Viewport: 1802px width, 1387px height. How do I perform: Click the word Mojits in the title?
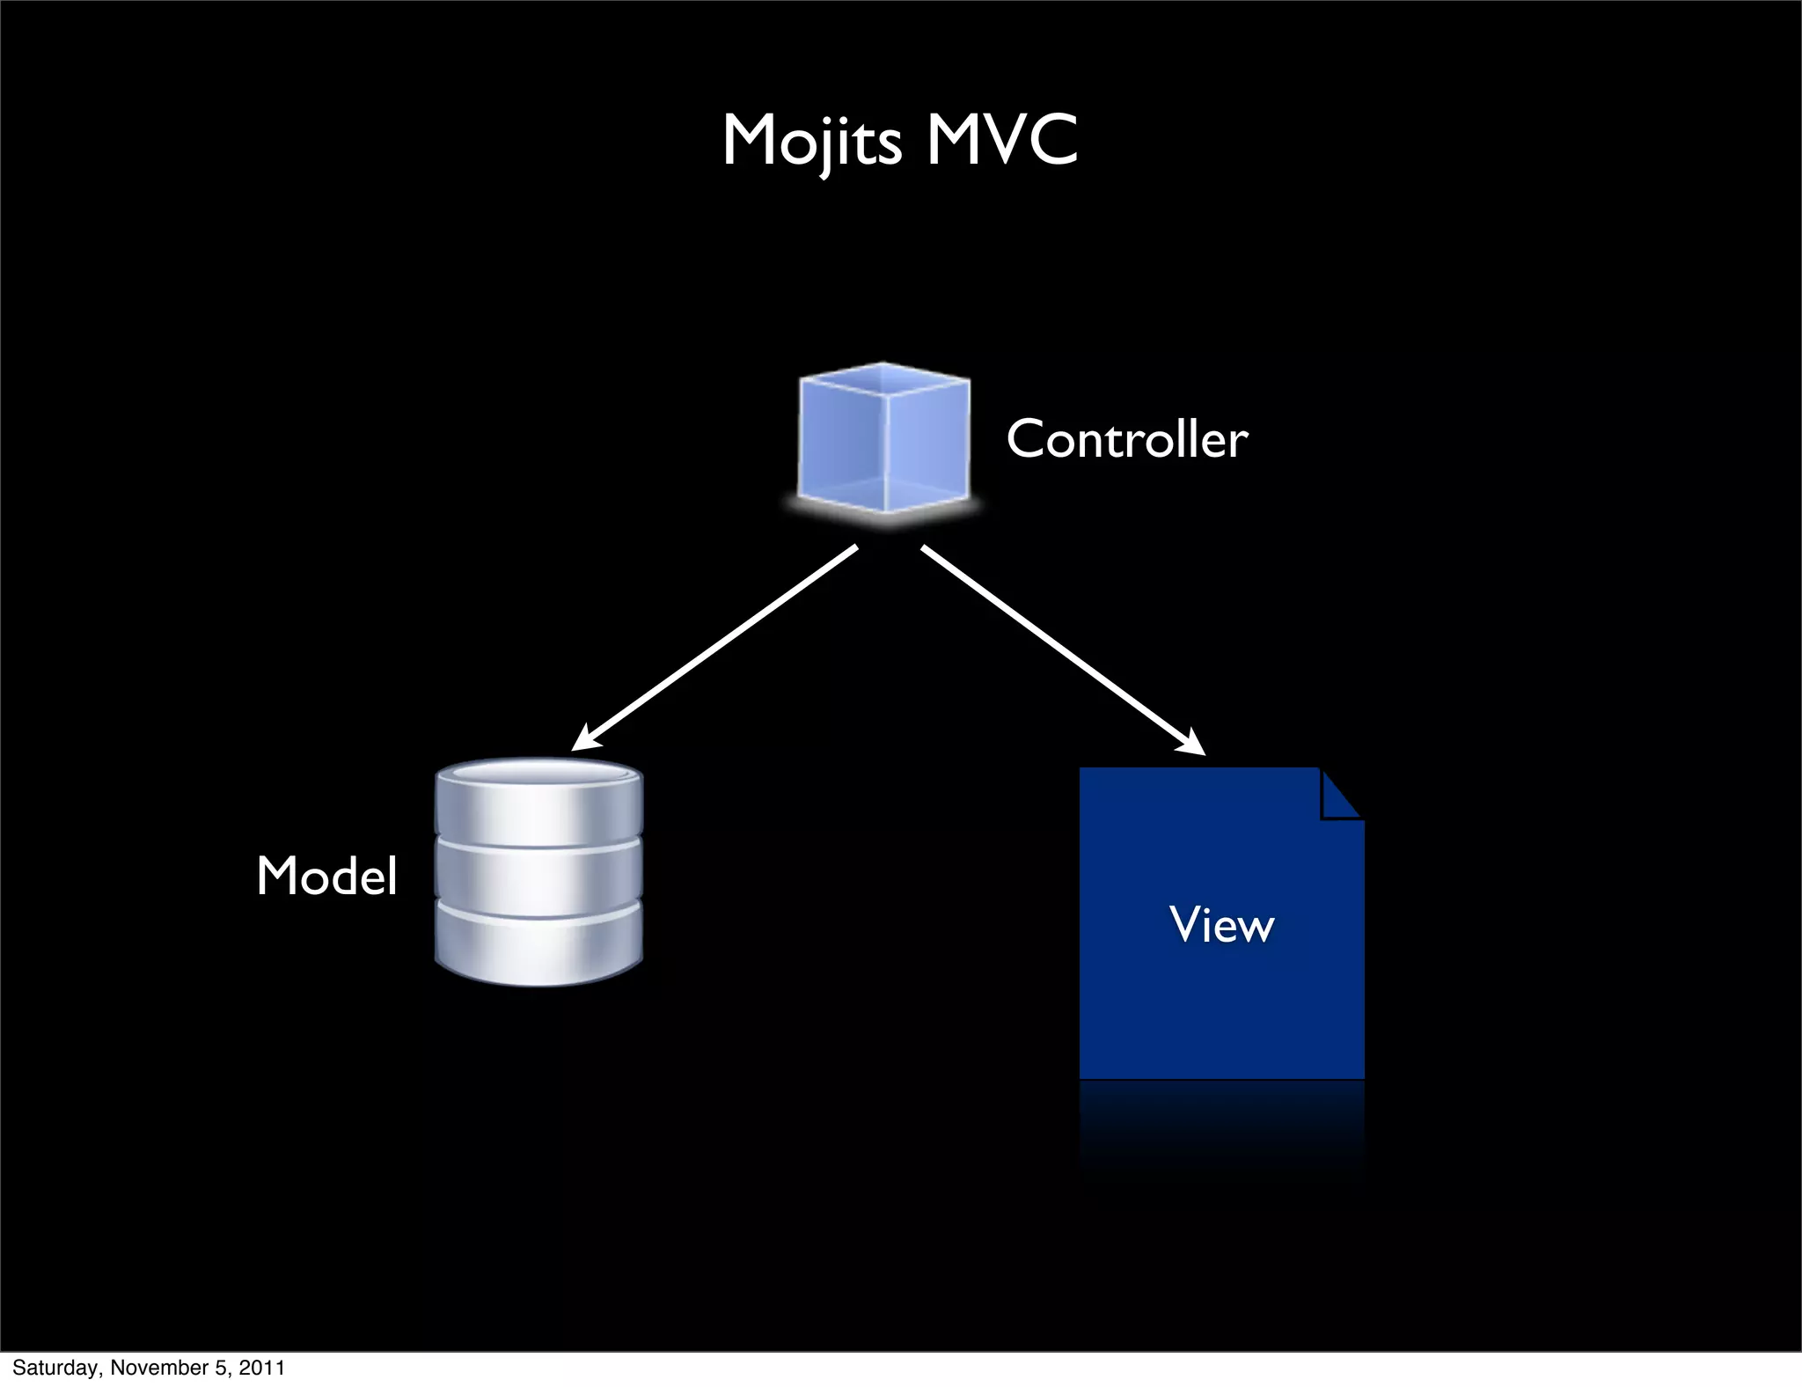coord(811,141)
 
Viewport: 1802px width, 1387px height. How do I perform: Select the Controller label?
coord(1126,438)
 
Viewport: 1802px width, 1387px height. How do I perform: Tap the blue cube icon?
coord(883,440)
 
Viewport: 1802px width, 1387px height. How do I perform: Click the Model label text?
coord(326,876)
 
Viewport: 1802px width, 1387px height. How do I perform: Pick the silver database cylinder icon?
coord(538,871)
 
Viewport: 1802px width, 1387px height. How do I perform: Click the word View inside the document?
coord(1221,924)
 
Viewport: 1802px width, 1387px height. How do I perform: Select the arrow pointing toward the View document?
coord(1060,648)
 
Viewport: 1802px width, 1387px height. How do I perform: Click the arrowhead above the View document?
coord(1191,743)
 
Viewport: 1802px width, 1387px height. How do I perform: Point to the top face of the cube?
coord(883,380)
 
